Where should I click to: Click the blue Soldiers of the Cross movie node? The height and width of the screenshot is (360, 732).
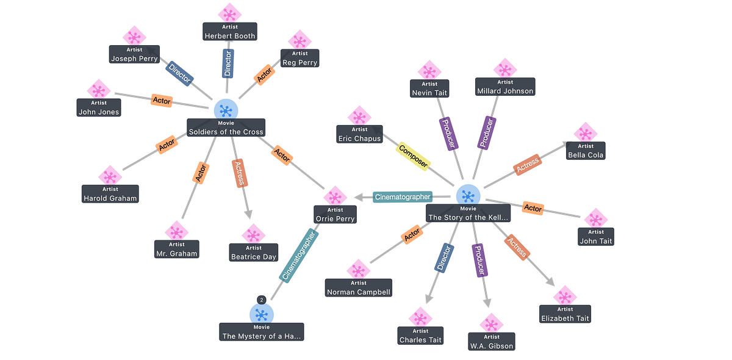pyautogui.click(x=226, y=109)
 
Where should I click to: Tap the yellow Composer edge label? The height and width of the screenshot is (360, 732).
pyautogui.click(x=414, y=156)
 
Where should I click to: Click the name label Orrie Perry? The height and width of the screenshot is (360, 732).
pyautogui.click(x=335, y=218)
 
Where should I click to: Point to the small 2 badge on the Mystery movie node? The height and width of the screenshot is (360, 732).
pyautogui.click(x=261, y=300)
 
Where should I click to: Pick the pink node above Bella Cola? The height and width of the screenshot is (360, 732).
pyautogui.click(x=586, y=131)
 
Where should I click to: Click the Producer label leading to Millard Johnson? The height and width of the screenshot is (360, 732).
pyautogui.click(x=486, y=133)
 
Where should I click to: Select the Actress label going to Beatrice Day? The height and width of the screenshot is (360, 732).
pyautogui.click(x=239, y=174)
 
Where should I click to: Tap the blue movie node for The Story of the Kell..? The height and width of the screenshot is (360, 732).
pyautogui.click(x=468, y=194)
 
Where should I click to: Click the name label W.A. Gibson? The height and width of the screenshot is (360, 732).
pyautogui.click(x=492, y=346)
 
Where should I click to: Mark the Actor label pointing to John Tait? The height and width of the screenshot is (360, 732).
pyautogui.click(x=533, y=209)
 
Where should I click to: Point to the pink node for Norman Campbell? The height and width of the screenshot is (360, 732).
pyautogui.click(x=359, y=269)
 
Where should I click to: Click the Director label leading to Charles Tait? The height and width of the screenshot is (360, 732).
pyautogui.click(x=443, y=257)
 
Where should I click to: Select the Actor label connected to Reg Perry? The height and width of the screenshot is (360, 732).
pyautogui.click(x=265, y=76)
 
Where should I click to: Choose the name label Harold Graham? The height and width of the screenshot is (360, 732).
pyautogui.click(x=110, y=198)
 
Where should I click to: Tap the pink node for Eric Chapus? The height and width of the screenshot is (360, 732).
pyautogui.click(x=360, y=115)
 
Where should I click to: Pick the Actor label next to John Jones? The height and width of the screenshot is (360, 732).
pyautogui.click(x=162, y=100)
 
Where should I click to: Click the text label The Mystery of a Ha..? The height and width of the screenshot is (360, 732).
pyautogui.click(x=262, y=336)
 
